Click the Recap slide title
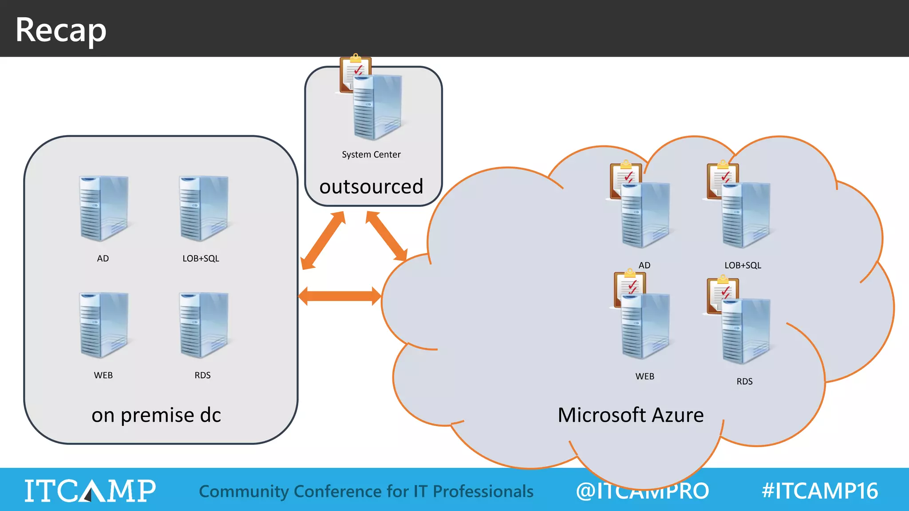coord(61,30)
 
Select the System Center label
coord(371,155)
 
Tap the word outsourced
coord(371,187)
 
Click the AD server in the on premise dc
coord(103,208)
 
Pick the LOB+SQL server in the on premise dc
coord(203,208)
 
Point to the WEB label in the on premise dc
coord(103,375)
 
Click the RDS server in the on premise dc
coord(203,325)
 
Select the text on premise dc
coord(156,415)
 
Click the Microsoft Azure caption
coord(630,415)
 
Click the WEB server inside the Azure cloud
coord(646,326)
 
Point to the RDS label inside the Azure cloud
coord(744,381)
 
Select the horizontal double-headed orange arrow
coord(340,296)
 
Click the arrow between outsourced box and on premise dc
coord(323,240)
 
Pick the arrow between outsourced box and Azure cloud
coord(387,236)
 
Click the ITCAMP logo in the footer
coord(90,491)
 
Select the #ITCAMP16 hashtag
coord(819,491)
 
